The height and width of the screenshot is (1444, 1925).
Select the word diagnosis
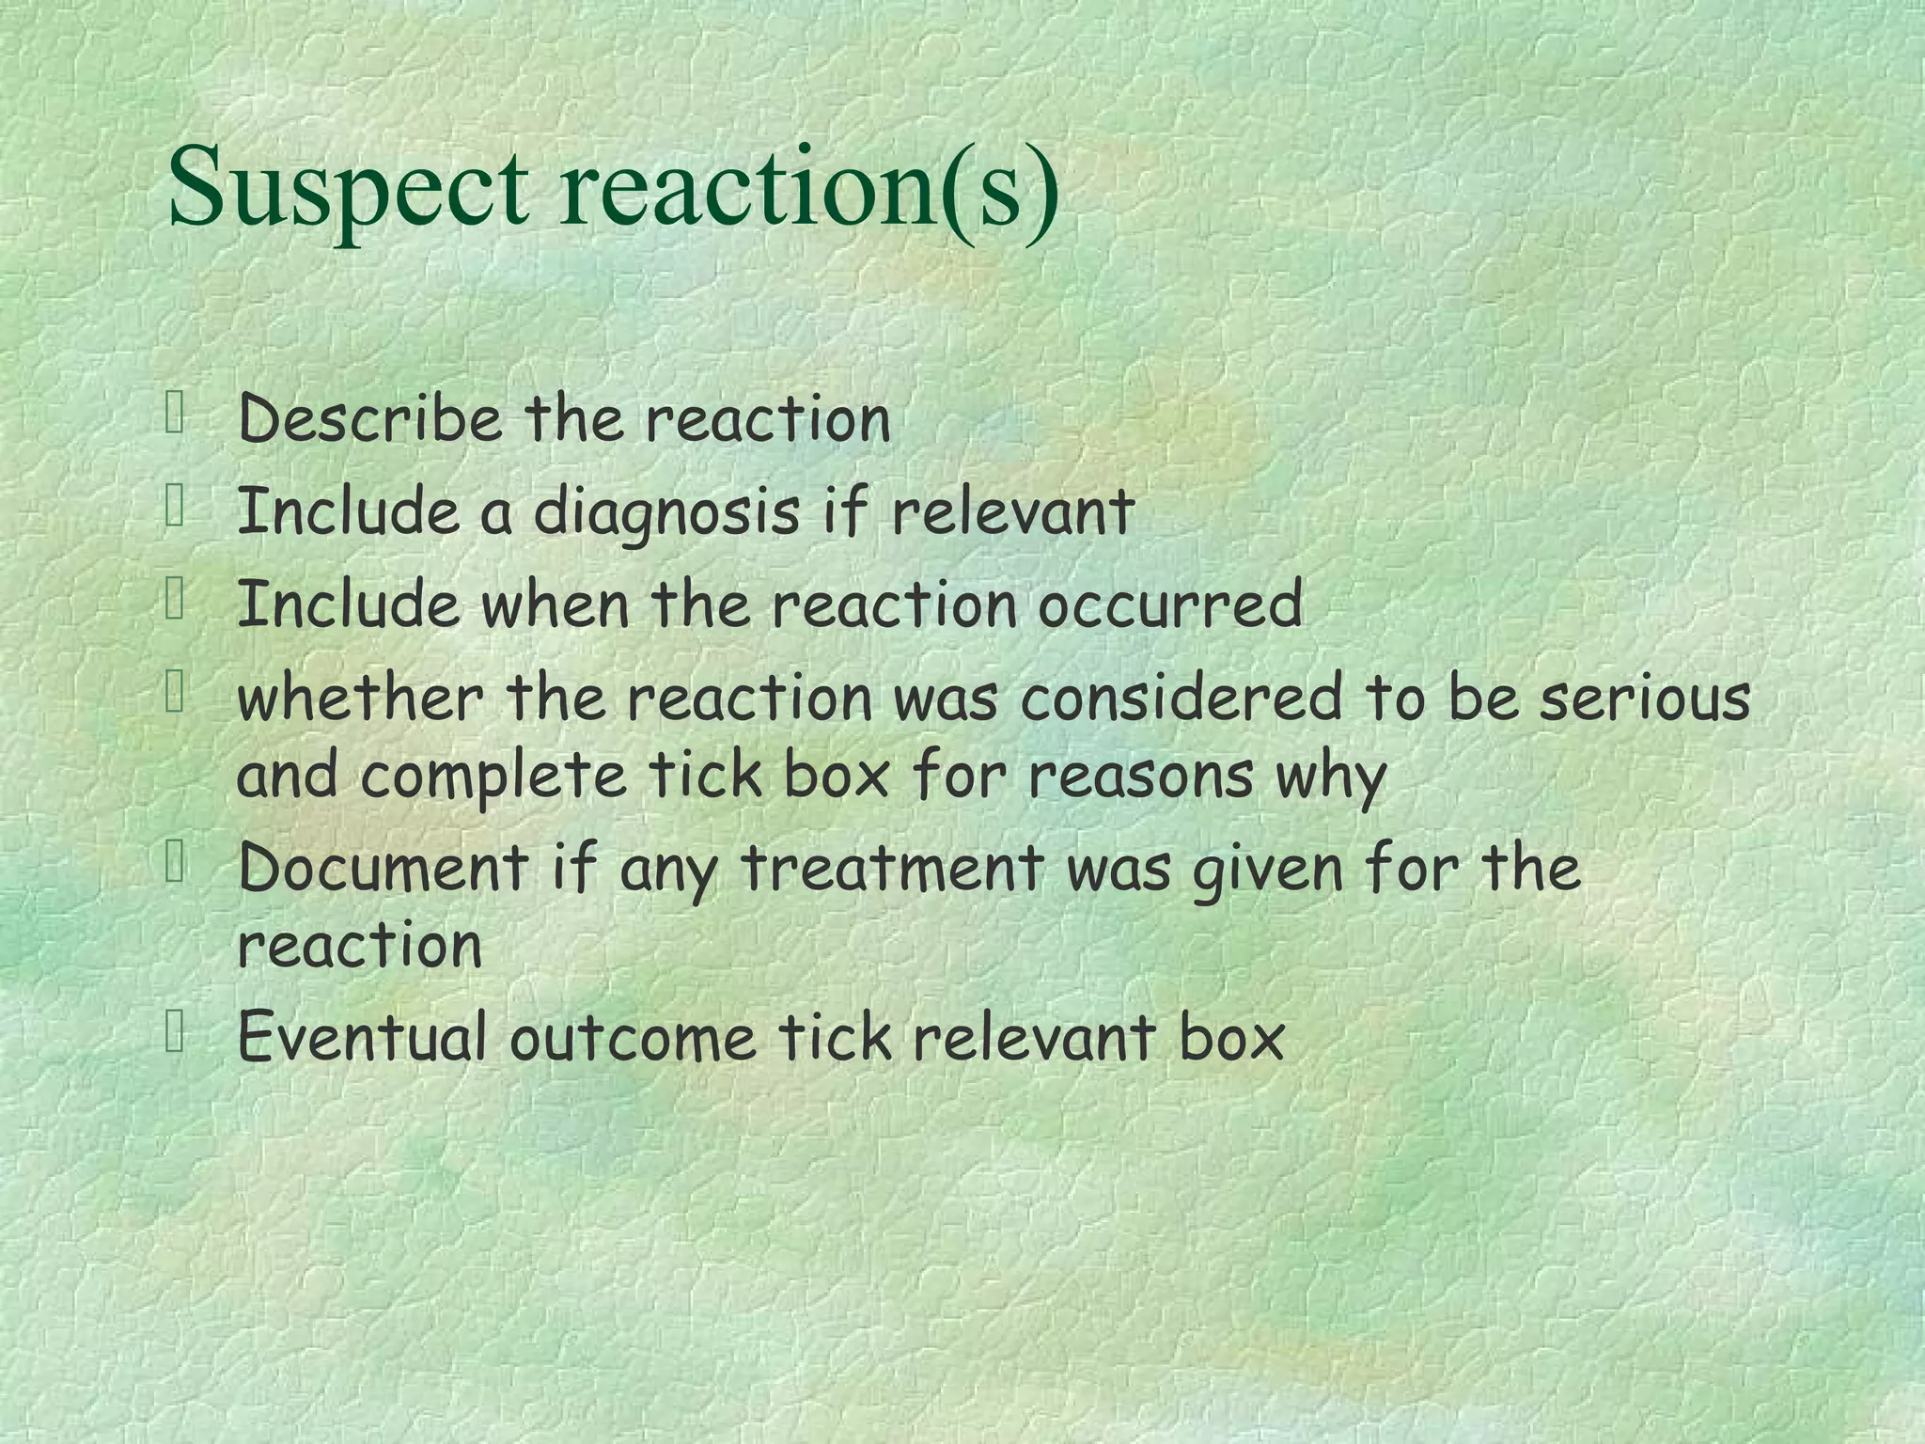pos(666,514)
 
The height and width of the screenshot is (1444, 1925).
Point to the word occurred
pos(1169,604)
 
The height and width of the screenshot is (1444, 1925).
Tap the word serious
pos(1644,698)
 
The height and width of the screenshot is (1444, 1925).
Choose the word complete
pos(493,776)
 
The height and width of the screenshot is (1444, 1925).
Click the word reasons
pos(1140,776)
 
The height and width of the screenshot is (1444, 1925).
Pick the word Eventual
pos(362,1037)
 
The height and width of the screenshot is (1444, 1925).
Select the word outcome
pos(632,1037)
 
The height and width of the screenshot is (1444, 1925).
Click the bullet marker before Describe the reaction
pos(175,413)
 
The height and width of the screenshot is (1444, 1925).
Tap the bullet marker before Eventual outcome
pos(175,1031)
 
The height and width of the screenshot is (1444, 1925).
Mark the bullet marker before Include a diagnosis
pos(175,508)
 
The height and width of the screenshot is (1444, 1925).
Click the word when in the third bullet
pos(555,604)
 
